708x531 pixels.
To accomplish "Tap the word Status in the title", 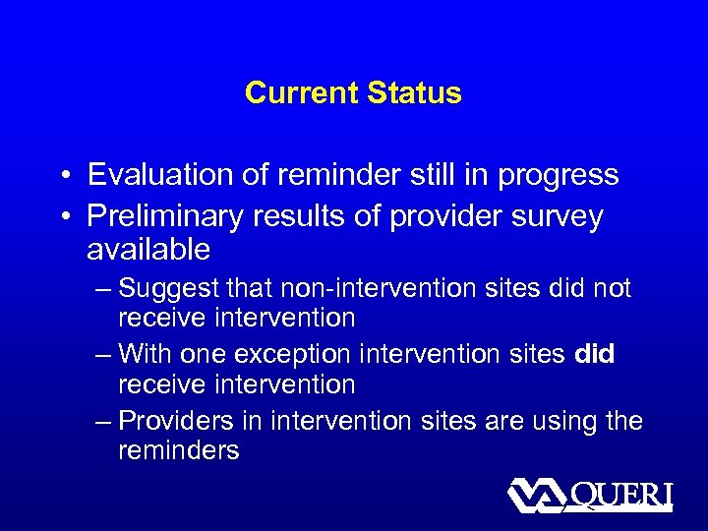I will (x=413, y=93).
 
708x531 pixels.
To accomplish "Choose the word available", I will (x=148, y=250).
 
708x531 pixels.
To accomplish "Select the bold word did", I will (x=593, y=354).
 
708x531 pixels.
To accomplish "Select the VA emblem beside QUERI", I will (x=537, y=495).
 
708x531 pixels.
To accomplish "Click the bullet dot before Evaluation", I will (x=62, y=176).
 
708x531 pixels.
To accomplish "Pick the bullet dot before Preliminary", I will (x=62, y=217).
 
